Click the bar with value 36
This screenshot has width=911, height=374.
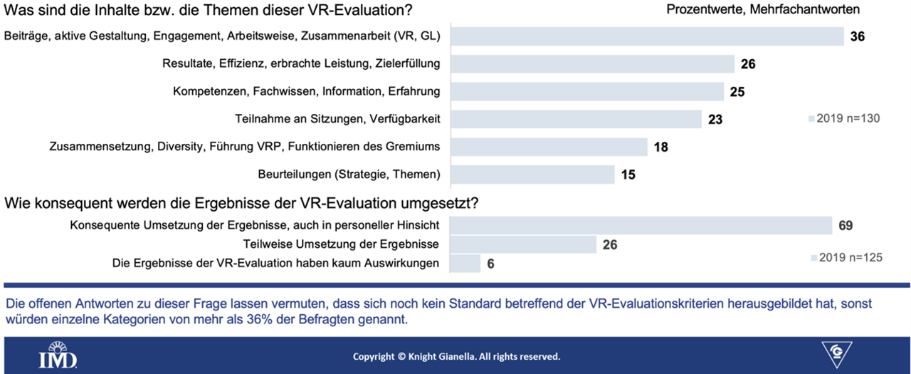[647, 36]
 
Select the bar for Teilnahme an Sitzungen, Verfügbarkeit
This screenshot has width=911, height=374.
[576, 119]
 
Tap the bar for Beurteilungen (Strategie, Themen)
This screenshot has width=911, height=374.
[532, 175]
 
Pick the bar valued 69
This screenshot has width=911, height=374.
[641, 225]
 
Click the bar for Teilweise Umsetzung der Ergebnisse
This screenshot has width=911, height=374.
[523, 244]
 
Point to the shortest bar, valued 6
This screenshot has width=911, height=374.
[465, 264]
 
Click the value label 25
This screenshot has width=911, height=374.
[737, 92]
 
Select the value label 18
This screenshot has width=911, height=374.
[661, 147]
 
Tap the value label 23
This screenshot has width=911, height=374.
[715, 120]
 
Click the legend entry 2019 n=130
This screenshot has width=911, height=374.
[844, 118]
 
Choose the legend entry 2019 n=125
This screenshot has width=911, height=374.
[847, 258]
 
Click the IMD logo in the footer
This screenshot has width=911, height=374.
[58, 355]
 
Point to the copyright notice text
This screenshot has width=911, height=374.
[456, 356]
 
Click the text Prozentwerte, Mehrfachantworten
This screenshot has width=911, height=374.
[763, 9]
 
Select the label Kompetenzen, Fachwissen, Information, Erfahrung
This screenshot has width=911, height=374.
[306, 91]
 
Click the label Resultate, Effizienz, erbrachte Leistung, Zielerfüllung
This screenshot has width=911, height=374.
[301, 63]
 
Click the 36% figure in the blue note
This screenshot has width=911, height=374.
[260, 319]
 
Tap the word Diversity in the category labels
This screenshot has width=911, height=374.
[180, 147]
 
